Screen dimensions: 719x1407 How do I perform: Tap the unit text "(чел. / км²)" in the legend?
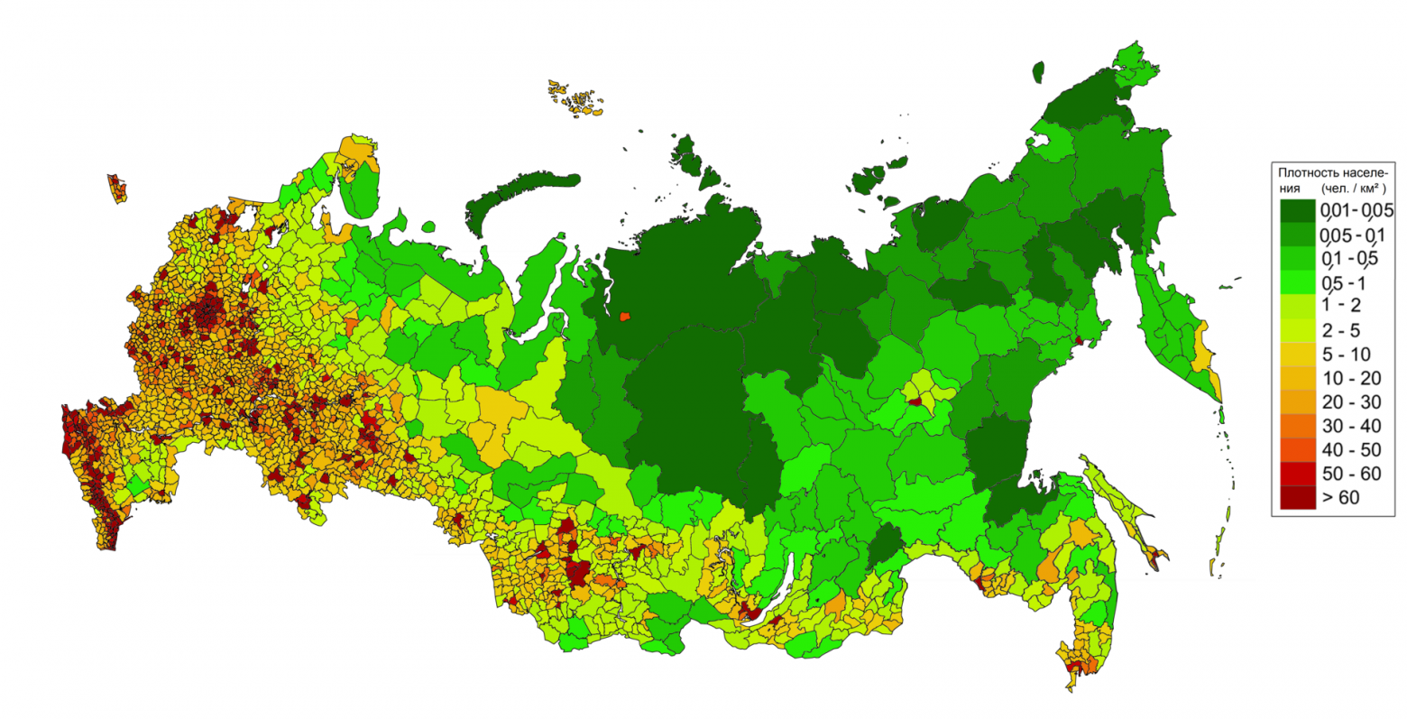pos(1354,189)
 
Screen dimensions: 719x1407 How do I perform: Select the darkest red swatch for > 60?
pos(1297,497)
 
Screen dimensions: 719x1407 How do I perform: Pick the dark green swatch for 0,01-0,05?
pos(1297,211)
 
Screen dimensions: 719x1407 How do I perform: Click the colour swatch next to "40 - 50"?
pos(1297,449)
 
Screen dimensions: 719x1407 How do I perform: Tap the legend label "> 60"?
pos(1340,497)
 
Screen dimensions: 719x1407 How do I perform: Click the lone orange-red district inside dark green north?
pos(624,317)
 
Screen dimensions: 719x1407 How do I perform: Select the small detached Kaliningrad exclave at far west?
pos(117,189)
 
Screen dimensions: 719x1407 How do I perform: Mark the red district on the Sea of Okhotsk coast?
pos(1076,342)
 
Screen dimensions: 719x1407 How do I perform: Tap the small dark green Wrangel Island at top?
pos(1038,72)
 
